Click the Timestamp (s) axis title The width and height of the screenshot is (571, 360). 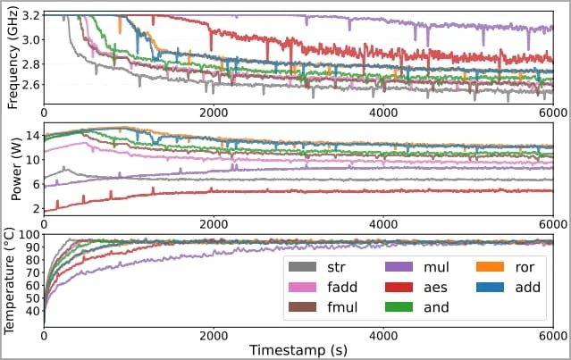click(x=298, y=347)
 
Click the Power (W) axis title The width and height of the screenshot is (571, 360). click(x=12, y=170)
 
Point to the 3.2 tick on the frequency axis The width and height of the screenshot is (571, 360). click(x=29, y=16)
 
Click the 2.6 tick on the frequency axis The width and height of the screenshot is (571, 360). click(x=29, y=84)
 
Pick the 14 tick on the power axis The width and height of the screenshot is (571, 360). click(x=32, y=135)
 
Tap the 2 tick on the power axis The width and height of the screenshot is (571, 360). click(x=36, y=208)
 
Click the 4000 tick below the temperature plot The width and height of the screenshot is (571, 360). click(x=383, y=332)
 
